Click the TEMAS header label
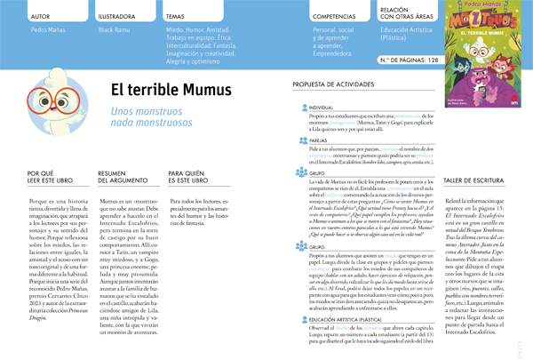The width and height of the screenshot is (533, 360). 176,16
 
